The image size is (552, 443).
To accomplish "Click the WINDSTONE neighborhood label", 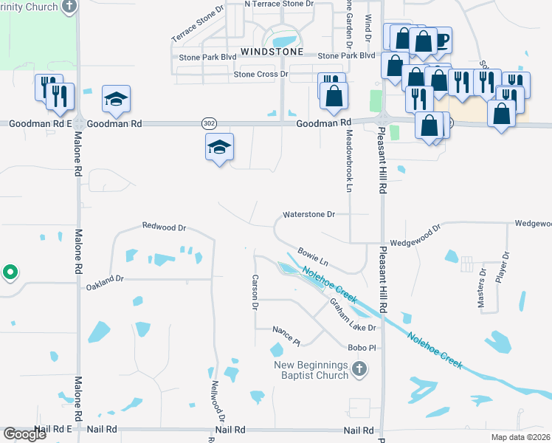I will [x=268, y=52].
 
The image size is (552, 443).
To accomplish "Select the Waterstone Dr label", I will [x=309, y=215].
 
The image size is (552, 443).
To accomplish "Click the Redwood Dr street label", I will [x=164, y=227].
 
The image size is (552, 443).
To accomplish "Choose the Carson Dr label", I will [x=255, y=292].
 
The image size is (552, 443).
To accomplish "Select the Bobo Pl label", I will [x=363, y=347].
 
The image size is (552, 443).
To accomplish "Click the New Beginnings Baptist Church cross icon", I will [x=359, y=369].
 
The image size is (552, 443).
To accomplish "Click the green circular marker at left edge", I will [x=10, y=272].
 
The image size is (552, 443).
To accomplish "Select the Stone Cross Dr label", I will [x=261, y=75].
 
